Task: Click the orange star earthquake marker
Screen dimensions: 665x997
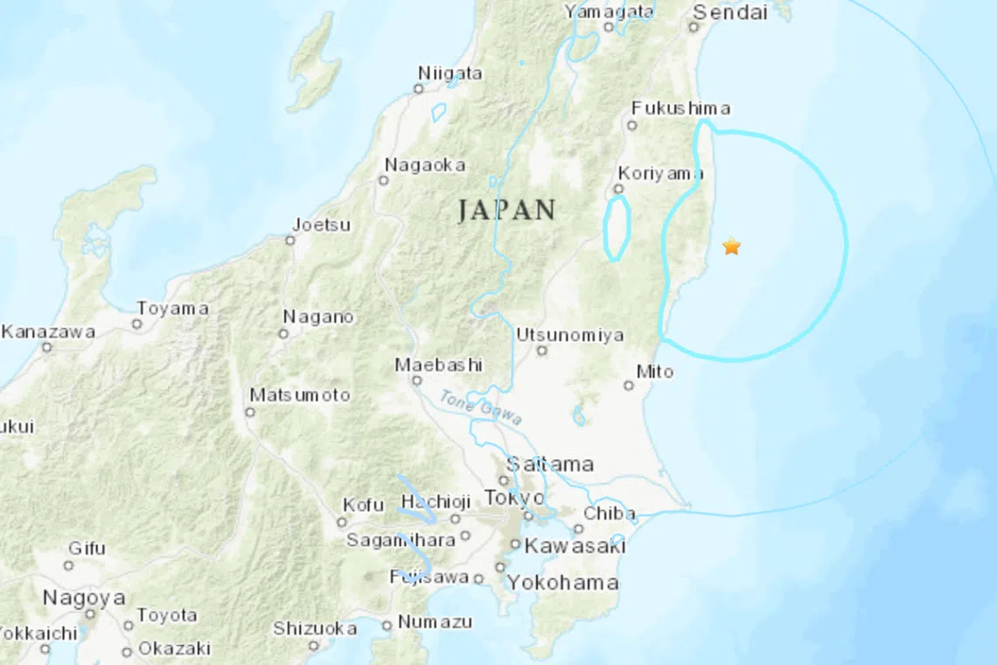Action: pos(732,247)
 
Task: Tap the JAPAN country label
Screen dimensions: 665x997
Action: pos(506,211)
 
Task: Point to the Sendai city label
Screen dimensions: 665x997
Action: pos(729,12)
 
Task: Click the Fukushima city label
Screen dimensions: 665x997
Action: pos(680,108)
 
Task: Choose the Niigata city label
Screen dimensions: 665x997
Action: pos(450,73)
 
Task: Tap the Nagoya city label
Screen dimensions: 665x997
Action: pos(84,598)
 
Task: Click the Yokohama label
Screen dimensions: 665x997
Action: pos(563,583)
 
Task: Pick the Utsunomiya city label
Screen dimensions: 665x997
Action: pos(569,335)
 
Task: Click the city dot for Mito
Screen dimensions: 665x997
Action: pos(629,385)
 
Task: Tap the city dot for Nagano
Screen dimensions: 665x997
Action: pos(283,333)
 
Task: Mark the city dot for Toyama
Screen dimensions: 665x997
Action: pos(136,324)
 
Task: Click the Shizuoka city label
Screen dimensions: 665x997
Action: pos(315,628)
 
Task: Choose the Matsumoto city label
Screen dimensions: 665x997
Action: pos(299,395)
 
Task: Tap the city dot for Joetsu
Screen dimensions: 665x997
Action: pos(290,240)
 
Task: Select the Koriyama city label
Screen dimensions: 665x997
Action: pos(660,173)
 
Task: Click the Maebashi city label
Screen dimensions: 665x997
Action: pos(438,365)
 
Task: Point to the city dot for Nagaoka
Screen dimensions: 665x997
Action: pos(382,180)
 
